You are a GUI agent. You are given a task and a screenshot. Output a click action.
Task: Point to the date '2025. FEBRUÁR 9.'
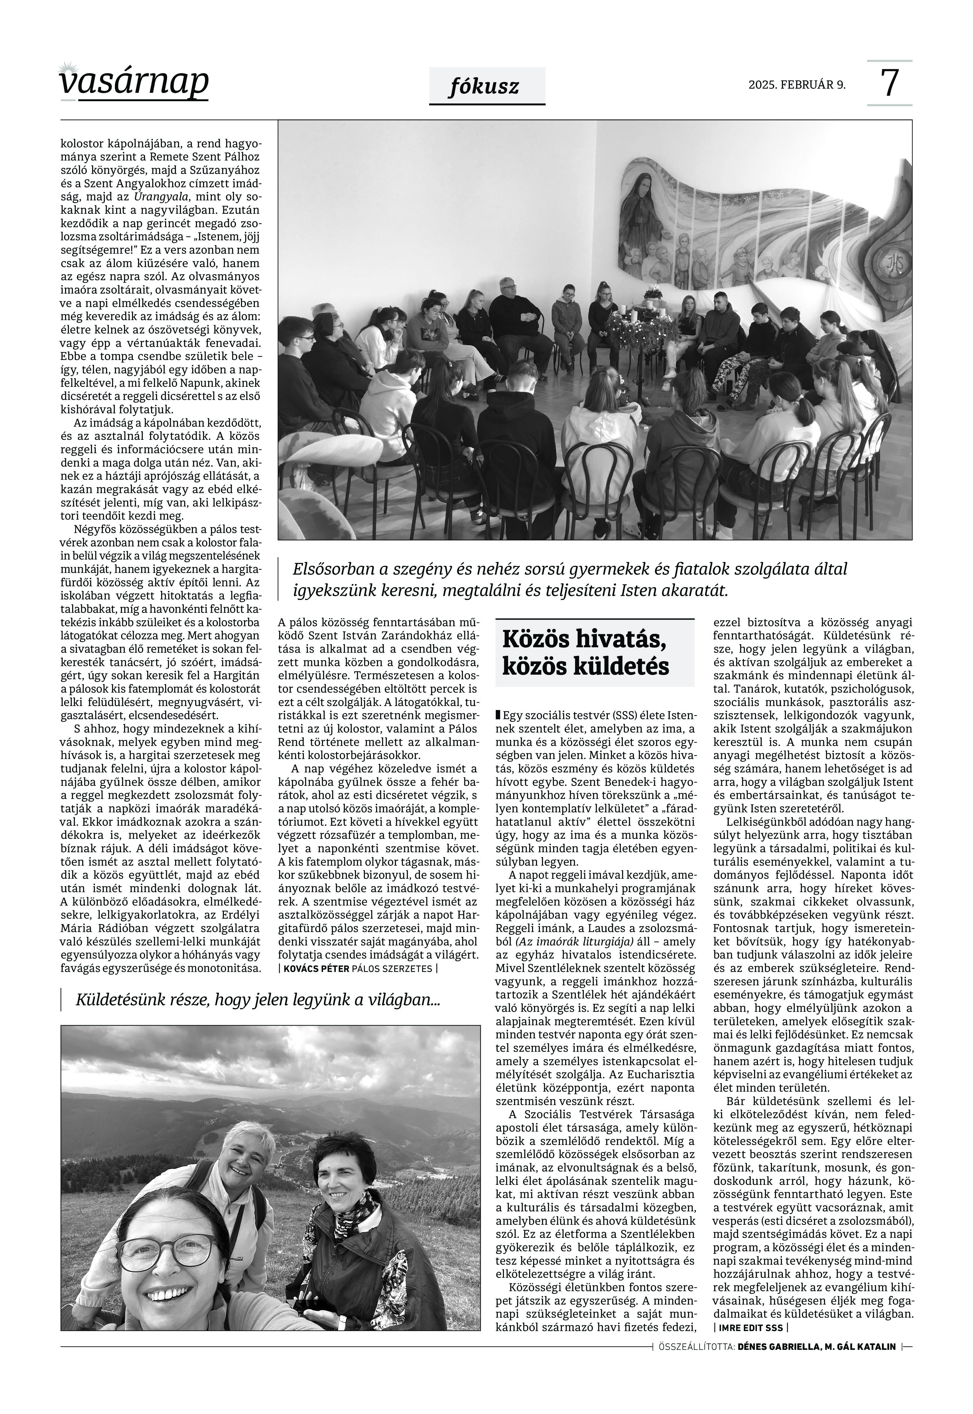[x=797, y=85]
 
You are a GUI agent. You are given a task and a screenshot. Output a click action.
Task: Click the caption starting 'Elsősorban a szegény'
[x=570, y=579]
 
